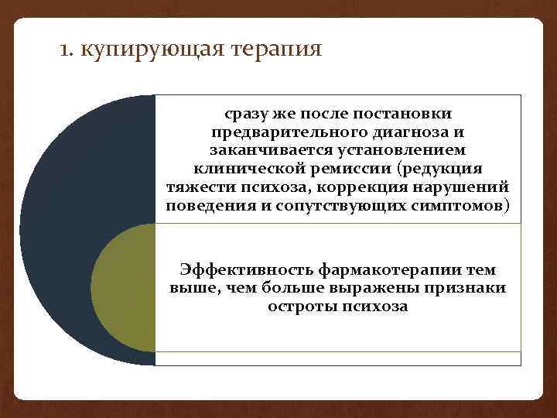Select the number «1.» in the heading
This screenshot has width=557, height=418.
[67, 50]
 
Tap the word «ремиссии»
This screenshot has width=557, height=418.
[344, 170]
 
